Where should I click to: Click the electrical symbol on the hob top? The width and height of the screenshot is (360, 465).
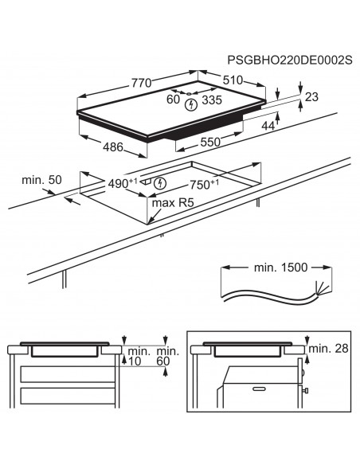191,104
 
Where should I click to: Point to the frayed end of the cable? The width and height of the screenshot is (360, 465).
319,290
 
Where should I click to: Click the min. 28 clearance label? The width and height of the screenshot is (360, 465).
328,349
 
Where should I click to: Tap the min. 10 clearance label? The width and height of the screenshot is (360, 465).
139,356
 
